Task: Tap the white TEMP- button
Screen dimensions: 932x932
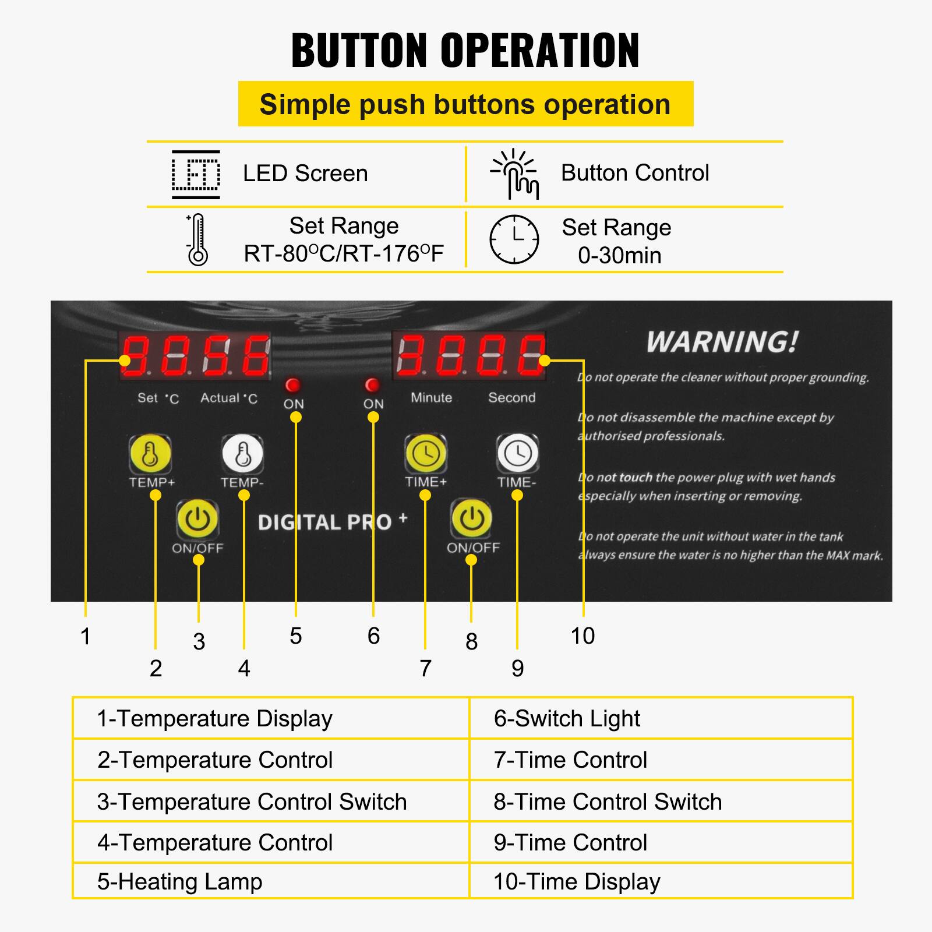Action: coord(242,454)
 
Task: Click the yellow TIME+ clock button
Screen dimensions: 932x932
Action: coord(426,453)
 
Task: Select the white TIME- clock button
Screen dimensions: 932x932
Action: coord(517,453)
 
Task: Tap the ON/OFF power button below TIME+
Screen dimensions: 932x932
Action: coord(471,518)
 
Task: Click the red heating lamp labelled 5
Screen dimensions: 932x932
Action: coord(293,385)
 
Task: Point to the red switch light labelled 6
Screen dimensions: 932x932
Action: coord(372,385)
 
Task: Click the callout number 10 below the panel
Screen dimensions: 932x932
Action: coord(582,636)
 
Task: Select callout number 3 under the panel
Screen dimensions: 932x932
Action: coord(199,641)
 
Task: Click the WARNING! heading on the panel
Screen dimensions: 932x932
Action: coord(722,342)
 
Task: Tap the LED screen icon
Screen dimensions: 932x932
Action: coord(196,174)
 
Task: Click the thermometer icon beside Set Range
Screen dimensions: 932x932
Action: coord(197,240)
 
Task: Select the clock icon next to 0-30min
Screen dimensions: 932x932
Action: coord(514,239)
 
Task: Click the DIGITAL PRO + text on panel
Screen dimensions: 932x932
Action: coord(333,522)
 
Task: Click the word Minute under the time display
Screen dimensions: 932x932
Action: coord(431,397)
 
